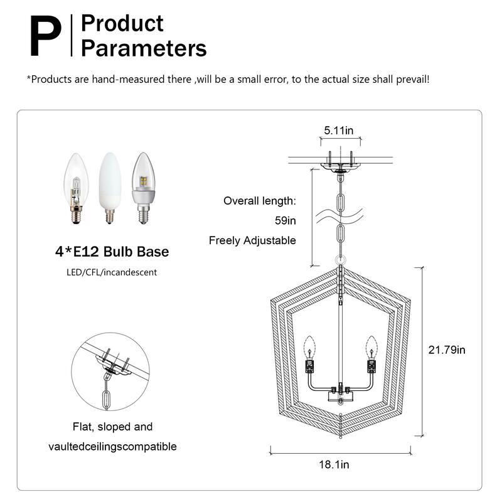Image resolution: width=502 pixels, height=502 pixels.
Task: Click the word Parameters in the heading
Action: [144, 48]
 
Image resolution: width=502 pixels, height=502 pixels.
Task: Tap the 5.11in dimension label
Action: [339, 131]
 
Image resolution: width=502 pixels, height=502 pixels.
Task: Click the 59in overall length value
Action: [286, 221]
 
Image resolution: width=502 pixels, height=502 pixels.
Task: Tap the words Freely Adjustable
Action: [252, 240]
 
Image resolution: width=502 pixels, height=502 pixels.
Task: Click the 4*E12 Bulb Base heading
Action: [110, 252]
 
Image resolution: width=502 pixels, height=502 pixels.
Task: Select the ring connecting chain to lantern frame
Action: [339, 260]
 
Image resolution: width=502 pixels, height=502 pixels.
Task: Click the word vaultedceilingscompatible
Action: [112, 447]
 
